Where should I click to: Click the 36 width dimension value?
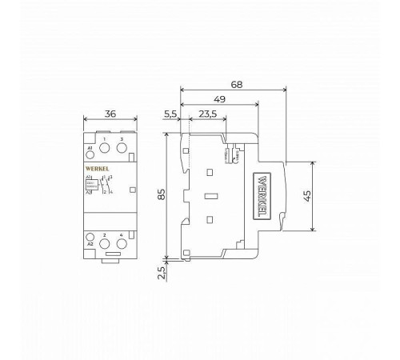[110, 114]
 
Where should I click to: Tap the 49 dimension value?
[219, 98]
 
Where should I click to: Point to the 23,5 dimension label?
[208, 114]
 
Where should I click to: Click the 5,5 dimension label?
[171, 114]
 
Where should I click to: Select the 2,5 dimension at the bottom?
[160, 272]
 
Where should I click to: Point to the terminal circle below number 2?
[105, 243]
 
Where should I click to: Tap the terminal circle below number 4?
[121, 243]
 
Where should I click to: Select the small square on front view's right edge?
[132, 190]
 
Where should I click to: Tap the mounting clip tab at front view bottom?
[110, 256]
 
